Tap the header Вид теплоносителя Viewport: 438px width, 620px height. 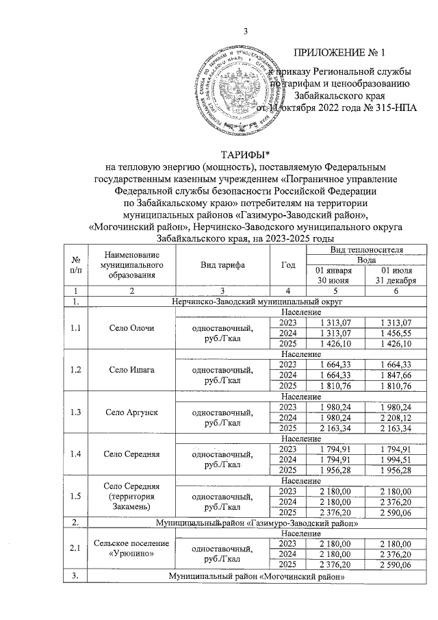click(356, 249)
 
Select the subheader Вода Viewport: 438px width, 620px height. click(356, 260)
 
